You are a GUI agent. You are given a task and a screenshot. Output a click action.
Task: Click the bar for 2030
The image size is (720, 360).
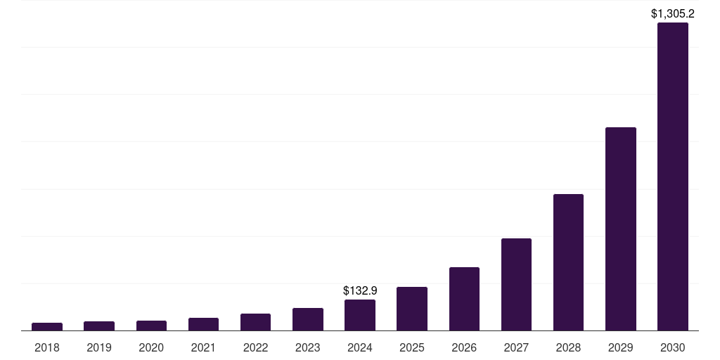tap(672, 176)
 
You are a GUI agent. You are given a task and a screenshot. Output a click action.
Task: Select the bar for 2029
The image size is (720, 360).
tap(620, 229)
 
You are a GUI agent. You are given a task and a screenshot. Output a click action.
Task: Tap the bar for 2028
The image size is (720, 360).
tap(568, 262)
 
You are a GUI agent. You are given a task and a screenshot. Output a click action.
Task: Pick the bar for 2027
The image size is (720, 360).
tap(516, 284)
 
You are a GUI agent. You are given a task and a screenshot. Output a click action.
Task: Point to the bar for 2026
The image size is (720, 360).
tap(464, 299)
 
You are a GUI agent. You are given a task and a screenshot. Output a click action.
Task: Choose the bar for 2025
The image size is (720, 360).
tap(412, 309)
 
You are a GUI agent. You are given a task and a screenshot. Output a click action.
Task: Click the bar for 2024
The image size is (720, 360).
tap(360, 315)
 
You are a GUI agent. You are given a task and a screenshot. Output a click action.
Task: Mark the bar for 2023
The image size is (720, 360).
tap(308, 319)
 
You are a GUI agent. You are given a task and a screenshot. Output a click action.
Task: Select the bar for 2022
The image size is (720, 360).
tap(255, 322)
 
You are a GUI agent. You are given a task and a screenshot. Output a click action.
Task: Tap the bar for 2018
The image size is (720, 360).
tap(47, 326)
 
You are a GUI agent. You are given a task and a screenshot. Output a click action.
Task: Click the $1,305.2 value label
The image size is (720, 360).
tap(672, 13)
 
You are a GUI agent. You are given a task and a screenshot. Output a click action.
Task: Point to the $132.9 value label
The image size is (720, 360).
tap(360, 290)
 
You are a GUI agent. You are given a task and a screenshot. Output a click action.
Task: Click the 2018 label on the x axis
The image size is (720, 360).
tap(47, 347)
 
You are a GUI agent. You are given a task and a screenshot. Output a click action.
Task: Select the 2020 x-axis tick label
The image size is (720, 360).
tap(151, 347)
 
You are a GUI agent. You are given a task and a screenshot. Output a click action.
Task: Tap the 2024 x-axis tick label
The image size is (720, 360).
tap(360, 347)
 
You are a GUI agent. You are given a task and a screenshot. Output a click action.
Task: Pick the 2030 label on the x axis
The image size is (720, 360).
tap(672, 347)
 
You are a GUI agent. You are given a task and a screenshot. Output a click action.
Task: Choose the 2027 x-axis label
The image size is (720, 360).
tap(516, 347)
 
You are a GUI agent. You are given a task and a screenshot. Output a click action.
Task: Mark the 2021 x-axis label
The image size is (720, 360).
tap(203, 347)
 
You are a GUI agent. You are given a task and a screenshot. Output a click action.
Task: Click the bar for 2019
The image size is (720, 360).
tap(99, 326)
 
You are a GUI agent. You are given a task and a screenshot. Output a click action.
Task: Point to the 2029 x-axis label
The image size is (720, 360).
tap(620, 347)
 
